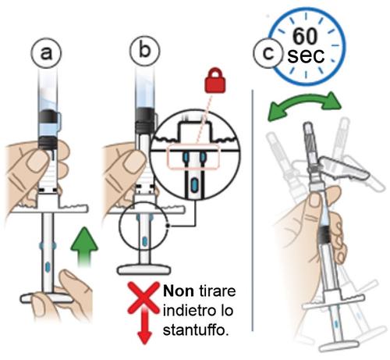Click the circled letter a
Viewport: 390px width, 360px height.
[46, 53]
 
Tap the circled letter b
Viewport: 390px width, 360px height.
[145, 50]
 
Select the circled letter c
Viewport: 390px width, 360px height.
[268, 53]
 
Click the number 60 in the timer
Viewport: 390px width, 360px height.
[305, 36]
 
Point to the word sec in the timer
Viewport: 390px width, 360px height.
[306, 55]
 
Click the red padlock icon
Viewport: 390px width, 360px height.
[215, 80]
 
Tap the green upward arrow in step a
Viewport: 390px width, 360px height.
[84, 247]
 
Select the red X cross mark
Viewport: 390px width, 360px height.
[144, 298]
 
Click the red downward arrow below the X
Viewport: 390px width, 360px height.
[144, 326]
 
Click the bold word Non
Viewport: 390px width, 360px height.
[179, 290]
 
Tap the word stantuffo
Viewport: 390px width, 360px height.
[197, 330]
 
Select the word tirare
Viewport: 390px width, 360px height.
[218, 290]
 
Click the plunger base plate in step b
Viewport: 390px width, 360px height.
[144, 269]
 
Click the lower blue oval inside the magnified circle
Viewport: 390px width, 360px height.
[193, 184]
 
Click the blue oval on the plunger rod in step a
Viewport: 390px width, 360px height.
[48, 266]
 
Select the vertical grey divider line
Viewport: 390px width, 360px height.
[253, 210]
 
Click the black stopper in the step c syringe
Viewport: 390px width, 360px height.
[324, 233]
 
